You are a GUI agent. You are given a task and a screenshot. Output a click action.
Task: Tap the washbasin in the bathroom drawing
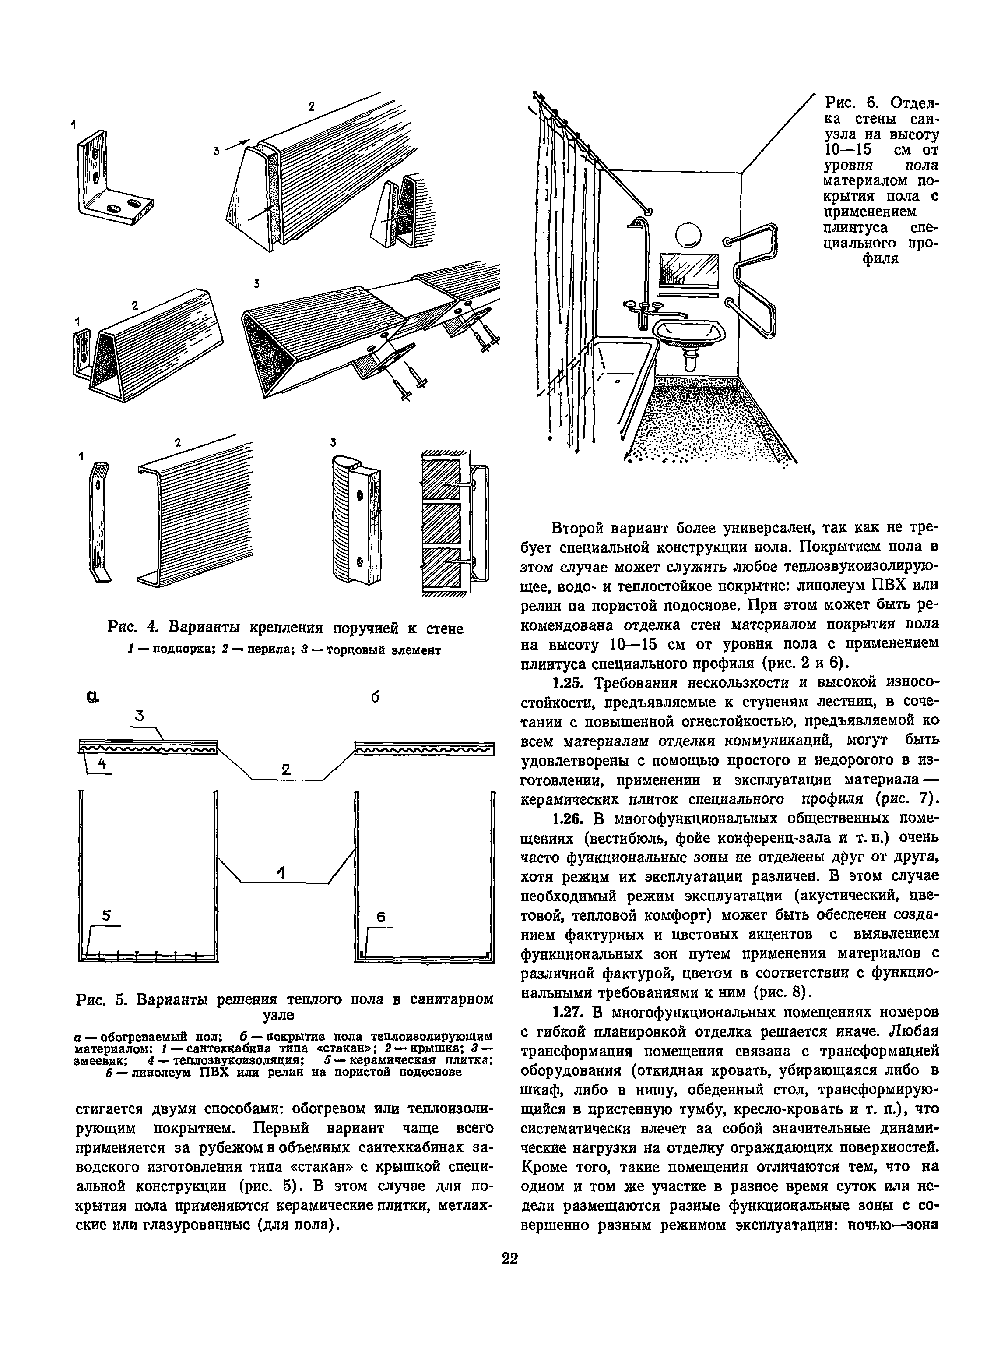pos(690,332)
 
